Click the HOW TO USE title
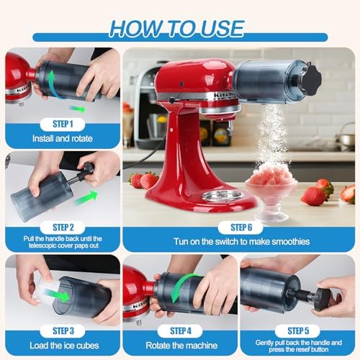coord(177,29)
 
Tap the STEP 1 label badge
coord(63,124)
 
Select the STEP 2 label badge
coord(63,228)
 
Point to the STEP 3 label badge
coord(63,330)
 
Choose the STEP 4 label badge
coord(180,330)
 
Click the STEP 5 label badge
coord(297,330)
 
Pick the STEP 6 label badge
coord(240,228)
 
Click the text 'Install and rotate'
coord(63,138)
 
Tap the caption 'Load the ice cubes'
coord(64,346)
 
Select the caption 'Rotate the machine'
coord(181,346)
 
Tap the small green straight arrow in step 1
coord(78,109)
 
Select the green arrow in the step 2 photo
coord(86,198)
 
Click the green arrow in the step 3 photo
coord(58,296)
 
